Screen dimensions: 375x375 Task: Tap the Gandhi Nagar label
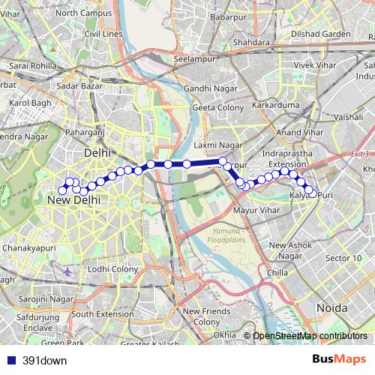(209, 88)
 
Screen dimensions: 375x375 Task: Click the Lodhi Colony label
(113, 268)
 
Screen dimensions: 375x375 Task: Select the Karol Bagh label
(30, 102)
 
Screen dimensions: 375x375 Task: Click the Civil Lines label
(103, 34)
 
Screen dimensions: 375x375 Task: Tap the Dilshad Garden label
(320, 34)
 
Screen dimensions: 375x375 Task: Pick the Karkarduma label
(274, 105)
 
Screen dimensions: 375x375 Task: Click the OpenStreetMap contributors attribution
(310, 335)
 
